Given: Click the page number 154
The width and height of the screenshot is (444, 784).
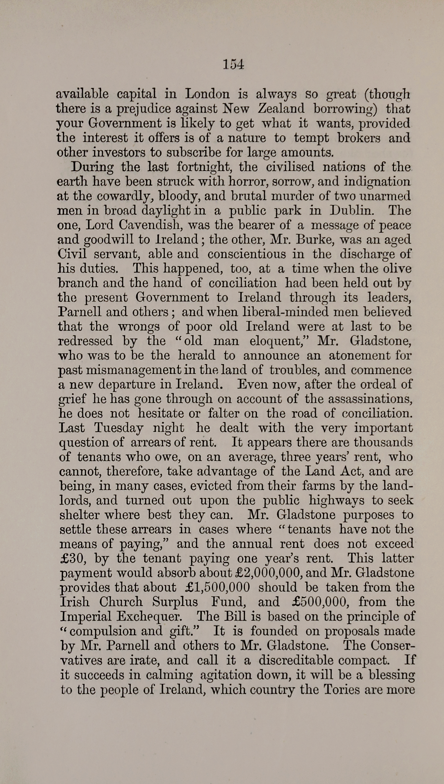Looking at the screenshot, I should (233, 65).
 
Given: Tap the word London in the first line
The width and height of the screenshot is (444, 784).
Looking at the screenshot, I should (207, 94).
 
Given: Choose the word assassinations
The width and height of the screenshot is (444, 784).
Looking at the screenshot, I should (370, 399).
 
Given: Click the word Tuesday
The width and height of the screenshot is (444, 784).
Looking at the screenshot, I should (118, 428).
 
